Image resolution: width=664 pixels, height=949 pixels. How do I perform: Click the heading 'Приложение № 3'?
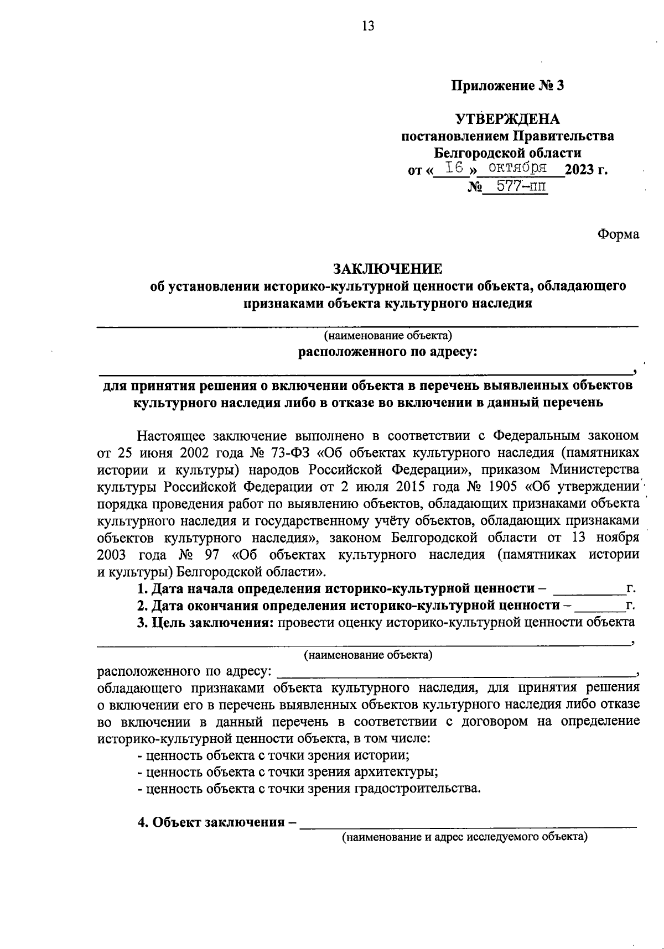click(507, 86)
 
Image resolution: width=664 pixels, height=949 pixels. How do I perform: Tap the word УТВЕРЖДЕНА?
click(507, 119)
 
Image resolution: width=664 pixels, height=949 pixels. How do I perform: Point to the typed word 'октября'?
click(518, 168)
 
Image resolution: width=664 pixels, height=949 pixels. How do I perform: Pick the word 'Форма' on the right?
click(618, 234)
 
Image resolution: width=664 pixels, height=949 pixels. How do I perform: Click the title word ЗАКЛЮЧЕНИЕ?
click(387, 269)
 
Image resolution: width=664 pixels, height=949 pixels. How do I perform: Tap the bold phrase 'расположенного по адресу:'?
click(387, 352)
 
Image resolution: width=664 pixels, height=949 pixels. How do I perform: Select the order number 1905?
click(507, 487)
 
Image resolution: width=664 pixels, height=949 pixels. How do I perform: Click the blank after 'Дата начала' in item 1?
click(588, 590)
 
